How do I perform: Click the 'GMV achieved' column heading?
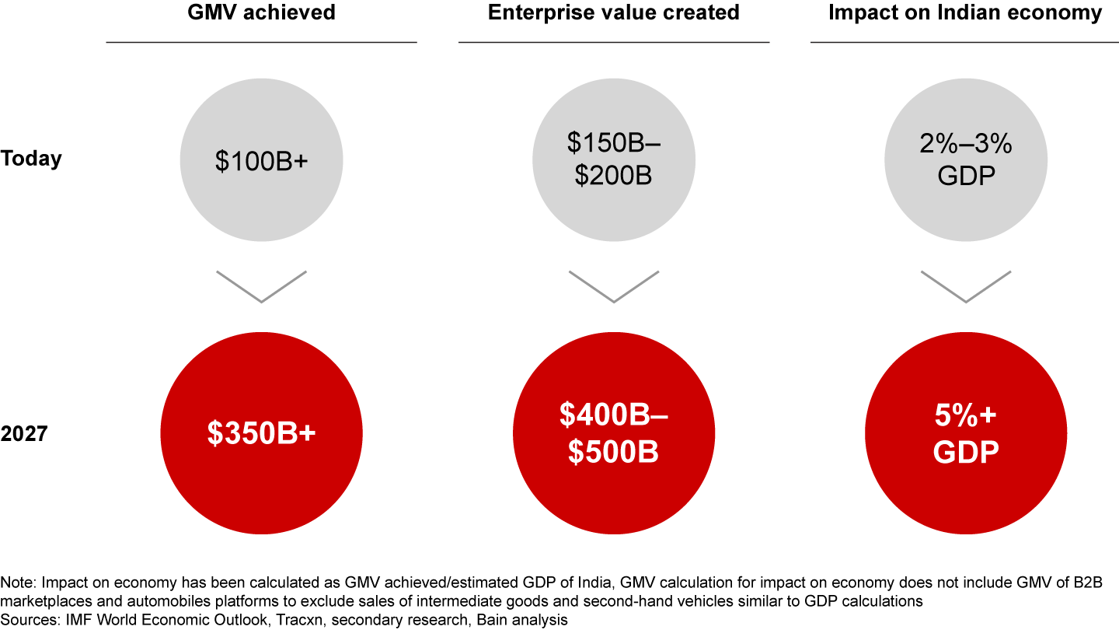(261, 13)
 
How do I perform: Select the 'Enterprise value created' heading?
(614, 13)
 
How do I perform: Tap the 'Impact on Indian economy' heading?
(966, 13)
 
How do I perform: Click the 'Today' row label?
(32, 159)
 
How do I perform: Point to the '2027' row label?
(24, 433)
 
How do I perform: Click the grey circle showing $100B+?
(261, 160)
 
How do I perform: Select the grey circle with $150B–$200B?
(614, 160)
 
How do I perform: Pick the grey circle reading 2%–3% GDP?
(966, 160)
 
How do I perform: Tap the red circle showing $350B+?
(261, 434)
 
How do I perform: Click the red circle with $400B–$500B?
(614, 434)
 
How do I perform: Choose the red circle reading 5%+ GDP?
(966, 434)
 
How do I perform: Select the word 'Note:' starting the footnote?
(19, 583)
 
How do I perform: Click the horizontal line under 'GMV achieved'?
(261, 42)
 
